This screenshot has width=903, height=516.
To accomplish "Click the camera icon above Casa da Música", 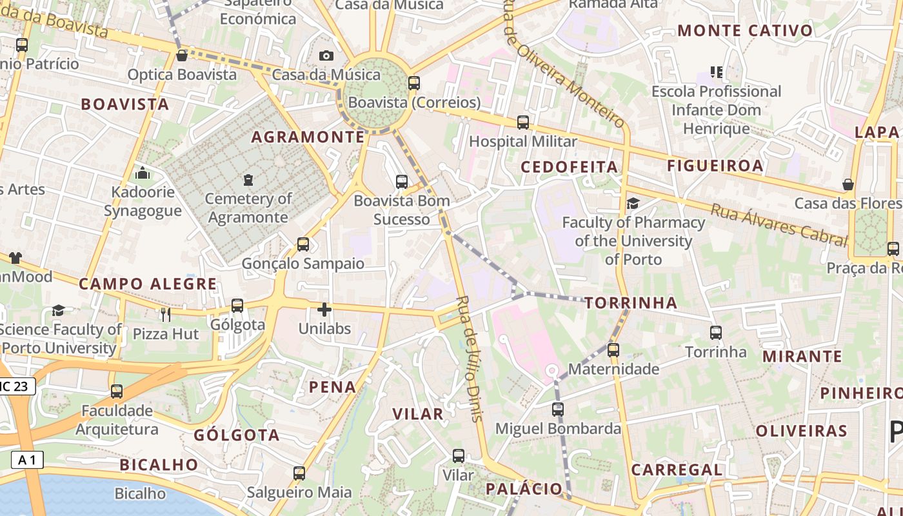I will (x=326, y=56).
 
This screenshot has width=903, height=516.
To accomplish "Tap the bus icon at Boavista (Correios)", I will (x=414, y=83).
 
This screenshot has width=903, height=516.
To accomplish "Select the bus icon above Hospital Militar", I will (x=523, y=123).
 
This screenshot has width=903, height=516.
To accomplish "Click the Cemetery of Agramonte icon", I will (x=248, y=179).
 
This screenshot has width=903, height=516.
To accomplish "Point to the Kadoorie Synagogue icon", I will (x=143, y=173).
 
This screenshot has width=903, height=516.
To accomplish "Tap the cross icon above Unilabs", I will (x=324, y=310).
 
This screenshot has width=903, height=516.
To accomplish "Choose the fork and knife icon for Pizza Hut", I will (x=166, y=314).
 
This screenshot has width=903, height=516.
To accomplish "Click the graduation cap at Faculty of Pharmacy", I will (x=633, y=204).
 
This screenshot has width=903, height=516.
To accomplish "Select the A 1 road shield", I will (x=27, y=460).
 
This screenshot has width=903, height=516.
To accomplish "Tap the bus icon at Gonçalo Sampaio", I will (x=303, y=244).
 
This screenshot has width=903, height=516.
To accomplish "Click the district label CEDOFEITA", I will (x=570, y=167).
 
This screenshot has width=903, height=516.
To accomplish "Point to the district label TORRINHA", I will (x=631, y=303).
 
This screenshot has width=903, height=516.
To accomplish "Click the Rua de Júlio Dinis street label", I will (x=470, y=359).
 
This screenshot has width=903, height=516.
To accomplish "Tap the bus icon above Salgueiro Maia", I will (x=299, y=473).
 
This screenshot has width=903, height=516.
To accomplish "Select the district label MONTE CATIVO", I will (x=745, y=30).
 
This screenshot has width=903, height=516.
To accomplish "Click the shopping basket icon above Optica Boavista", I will (x=182, y=55).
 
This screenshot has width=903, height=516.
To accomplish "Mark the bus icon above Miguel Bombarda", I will (x=558, y=410).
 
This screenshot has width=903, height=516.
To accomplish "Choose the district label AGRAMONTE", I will (x=308, y=137).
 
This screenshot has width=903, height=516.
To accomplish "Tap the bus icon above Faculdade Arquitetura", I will (x=117, y=392).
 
